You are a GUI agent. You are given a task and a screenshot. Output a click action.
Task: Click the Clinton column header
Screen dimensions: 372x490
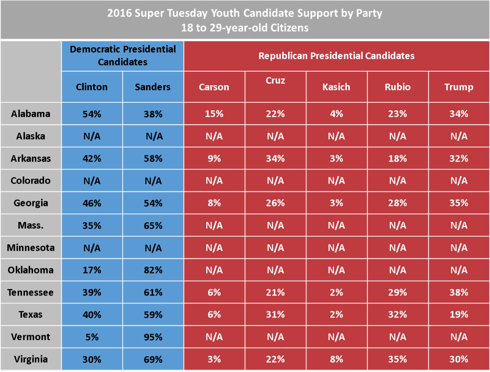(x=92, y=87)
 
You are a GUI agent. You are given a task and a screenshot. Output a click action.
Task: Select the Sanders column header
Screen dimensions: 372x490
(x=153, y=87)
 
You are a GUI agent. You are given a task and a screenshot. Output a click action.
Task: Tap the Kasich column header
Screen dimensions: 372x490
(x=336, y=87)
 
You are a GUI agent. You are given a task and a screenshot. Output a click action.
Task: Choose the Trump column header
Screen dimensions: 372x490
(x=458, y=87)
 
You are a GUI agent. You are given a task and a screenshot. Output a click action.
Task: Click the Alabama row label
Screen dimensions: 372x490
(x=31, y=114)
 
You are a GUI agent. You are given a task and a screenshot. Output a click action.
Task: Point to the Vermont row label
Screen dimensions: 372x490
(x=31, y=337)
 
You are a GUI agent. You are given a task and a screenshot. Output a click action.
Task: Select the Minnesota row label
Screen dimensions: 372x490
(x=31, y=248)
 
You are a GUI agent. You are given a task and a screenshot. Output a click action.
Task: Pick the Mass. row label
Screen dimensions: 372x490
(x=31, y=225)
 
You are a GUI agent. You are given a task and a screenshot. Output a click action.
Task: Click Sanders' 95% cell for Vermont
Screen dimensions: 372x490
(x=153, y=337)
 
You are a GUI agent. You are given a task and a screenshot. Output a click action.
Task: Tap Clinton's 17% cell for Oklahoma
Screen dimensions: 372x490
(x=92, y=270)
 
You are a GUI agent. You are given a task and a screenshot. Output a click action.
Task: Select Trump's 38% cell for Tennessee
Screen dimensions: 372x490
(x=458, y=292)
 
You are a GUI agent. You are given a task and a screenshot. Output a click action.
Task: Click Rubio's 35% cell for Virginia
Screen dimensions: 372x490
(x=398, y=359)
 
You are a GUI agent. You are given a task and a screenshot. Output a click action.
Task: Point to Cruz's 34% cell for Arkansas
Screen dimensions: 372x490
(x=275, y=158)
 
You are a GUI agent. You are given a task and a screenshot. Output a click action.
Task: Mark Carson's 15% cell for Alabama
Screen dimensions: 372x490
(x=214, y=114)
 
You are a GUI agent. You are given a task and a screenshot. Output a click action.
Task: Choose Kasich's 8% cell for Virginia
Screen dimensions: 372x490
(x=336, y=359)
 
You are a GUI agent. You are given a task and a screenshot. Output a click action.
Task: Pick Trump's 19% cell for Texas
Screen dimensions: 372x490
(x=458, y=315)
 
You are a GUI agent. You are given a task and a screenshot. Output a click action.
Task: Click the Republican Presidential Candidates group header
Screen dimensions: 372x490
(x=336, y=56)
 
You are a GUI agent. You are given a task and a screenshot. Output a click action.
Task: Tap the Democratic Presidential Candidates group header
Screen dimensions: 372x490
(x=122, y=55)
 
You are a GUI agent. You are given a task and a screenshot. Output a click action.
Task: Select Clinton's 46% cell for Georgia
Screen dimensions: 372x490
(x=92, y=203)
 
